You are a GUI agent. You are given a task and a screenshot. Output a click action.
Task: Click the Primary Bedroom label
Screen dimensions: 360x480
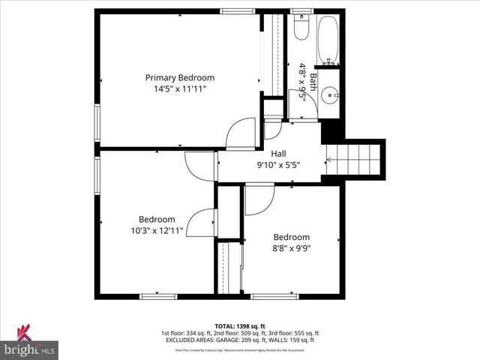coord(180,77)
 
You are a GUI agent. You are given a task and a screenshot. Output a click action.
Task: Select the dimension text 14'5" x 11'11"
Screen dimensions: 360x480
coord(180,88)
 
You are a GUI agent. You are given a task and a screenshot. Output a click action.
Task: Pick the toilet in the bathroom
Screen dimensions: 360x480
coord(301,28)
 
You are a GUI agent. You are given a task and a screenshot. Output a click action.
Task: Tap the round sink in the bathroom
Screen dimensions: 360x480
coord(331,97)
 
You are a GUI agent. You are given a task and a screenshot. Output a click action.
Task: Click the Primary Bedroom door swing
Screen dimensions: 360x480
coord(241,133)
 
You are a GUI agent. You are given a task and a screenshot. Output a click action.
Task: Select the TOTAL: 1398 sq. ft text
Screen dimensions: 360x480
coord(239,326)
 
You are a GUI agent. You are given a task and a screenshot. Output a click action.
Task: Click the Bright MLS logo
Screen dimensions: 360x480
coord(30,344)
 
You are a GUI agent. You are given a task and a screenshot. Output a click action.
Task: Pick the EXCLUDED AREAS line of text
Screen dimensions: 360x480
coord(240,340)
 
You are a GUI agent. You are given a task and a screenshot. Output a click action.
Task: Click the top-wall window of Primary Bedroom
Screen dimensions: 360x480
coord(237,10)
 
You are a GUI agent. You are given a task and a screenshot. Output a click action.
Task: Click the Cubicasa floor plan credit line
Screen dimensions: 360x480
coord(240,349)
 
